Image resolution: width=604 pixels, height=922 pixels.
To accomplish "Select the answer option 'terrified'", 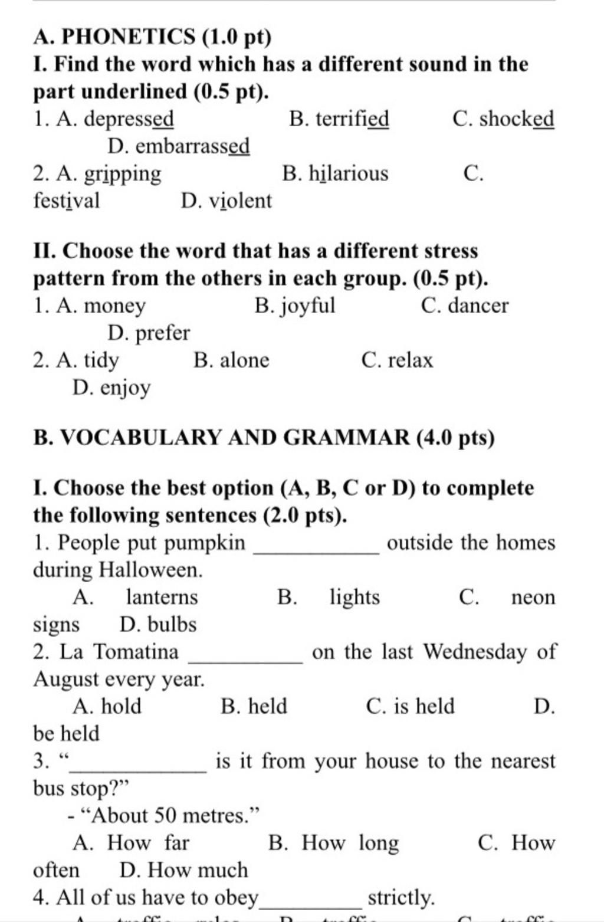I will [352, 119].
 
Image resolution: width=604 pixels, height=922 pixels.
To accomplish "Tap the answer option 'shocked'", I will [516, 119].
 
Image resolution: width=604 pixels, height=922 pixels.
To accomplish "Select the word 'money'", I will [114, 306].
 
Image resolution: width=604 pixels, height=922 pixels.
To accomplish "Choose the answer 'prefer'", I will [163, 333].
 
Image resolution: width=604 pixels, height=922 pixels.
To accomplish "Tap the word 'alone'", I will [244, 360].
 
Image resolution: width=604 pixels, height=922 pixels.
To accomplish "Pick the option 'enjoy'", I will [125, 388].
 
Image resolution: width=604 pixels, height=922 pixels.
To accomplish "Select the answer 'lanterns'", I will [162, 597].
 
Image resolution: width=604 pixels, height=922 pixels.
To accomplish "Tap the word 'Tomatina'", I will [136, 652].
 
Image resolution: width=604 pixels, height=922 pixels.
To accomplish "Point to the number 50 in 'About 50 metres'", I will [166, 816].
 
